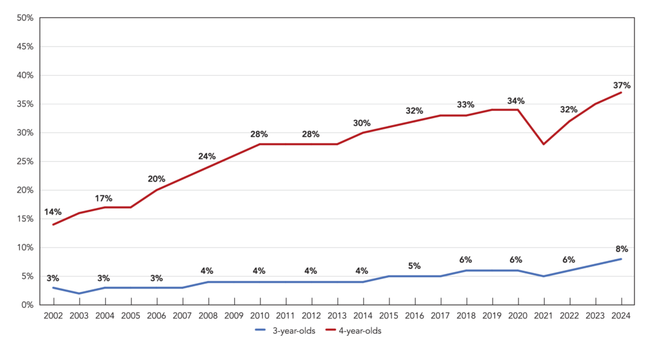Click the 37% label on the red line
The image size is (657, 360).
(621, 85)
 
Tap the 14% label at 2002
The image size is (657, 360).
(53, 212)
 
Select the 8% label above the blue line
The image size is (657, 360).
(622, 249)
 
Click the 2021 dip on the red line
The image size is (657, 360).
(544, 144)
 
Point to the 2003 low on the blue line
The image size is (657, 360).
(79, 293)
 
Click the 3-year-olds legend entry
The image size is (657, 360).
(286, 330)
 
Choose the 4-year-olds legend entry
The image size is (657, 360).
(354, 330)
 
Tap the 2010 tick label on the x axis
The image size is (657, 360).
(260, 316)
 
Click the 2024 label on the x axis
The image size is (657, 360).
(621, 316)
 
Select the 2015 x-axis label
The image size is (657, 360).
(389, 316)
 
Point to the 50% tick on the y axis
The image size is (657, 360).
(25, 18)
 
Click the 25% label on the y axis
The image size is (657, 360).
(25, 161)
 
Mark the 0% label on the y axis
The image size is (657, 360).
(27, 305)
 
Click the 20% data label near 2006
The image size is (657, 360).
(157, 179)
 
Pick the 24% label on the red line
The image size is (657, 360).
(207, 157)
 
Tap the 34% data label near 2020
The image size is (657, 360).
(516, 101)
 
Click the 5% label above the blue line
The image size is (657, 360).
(414, 266)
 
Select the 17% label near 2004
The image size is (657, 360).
(103, 198)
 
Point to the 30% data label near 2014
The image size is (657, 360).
(362, 123)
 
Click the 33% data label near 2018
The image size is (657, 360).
(466, 105)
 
